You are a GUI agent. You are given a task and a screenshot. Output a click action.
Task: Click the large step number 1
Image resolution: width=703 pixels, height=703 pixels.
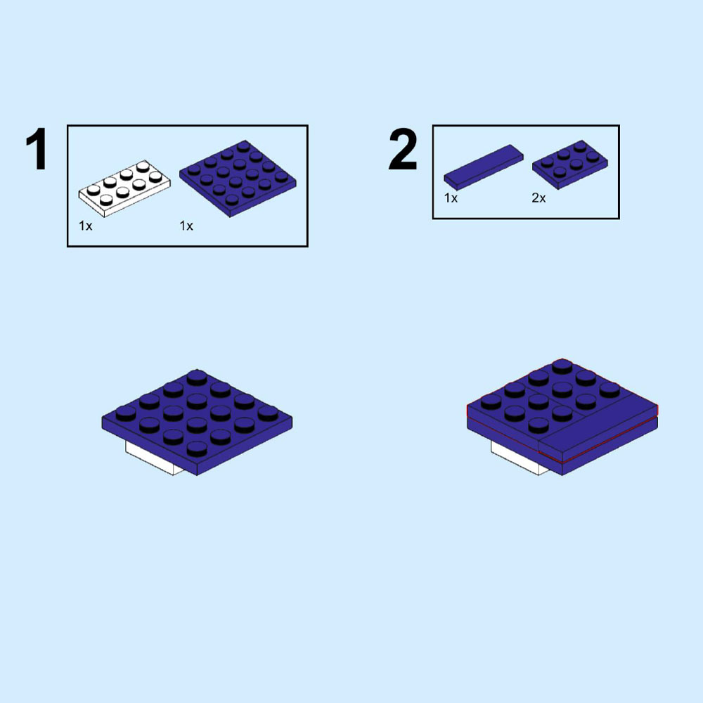(37, 150)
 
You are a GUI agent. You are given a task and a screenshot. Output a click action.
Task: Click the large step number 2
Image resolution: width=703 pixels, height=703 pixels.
(403, 150)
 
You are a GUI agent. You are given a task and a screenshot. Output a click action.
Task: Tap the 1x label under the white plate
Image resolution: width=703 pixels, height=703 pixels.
(86, 226)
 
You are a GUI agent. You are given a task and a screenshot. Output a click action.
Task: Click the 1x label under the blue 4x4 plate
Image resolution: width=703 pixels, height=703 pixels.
(186, 226)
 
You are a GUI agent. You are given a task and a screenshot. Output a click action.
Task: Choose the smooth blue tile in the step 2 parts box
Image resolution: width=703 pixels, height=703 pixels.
(484, 167)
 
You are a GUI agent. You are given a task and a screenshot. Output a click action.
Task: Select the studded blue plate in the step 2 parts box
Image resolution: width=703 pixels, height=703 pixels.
(570, 165)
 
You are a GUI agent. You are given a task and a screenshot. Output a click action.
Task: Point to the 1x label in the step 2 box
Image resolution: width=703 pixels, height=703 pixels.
(451, 198)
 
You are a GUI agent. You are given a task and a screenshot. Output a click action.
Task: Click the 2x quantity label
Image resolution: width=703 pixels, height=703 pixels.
(538, 198)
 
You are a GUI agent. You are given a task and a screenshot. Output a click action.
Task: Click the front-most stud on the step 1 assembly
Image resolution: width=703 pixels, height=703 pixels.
(196, 448)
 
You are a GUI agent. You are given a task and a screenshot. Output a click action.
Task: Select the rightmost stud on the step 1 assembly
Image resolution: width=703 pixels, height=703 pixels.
(268, 412)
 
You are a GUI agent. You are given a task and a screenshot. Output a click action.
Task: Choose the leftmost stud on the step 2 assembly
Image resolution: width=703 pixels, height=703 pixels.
(490, 401)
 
